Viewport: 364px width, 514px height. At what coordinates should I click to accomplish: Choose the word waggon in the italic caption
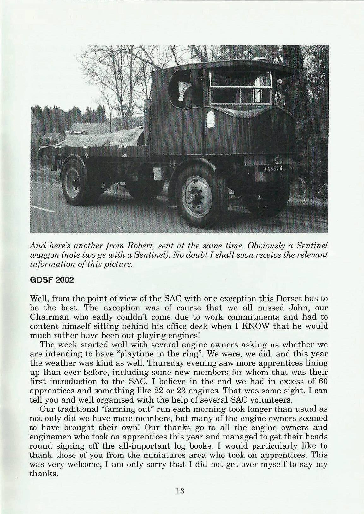tap(46, 254)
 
